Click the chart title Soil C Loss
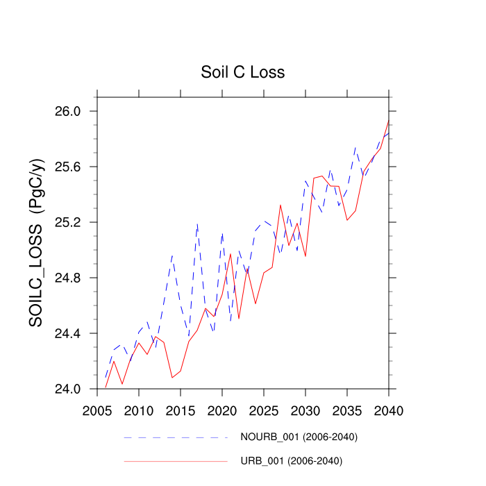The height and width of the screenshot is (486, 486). [x=242, y=72]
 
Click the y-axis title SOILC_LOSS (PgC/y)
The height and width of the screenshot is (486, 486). [x=37, y=243]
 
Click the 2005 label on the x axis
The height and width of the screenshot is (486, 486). [x=97, y=410]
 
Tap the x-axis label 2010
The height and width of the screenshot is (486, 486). [x=139, y=410]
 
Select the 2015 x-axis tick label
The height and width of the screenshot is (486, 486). [x=181, y=410]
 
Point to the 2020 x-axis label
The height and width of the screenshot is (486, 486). [x=222, y=410]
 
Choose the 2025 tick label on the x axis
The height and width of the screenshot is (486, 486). [x=264, y=410]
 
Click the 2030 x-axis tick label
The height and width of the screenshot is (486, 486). [x=305, y=410]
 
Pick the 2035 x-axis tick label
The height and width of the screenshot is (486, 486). [x=347, y=410]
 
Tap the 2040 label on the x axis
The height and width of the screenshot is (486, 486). [x=389, y=410]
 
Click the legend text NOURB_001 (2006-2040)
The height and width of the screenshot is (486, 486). [x=299, y=437]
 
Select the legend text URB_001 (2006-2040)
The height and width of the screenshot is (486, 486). [x=292, y=461]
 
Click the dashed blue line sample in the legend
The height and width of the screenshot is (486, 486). [x=176, y=437]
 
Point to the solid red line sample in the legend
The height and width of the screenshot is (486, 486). [x=176, y=461]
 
